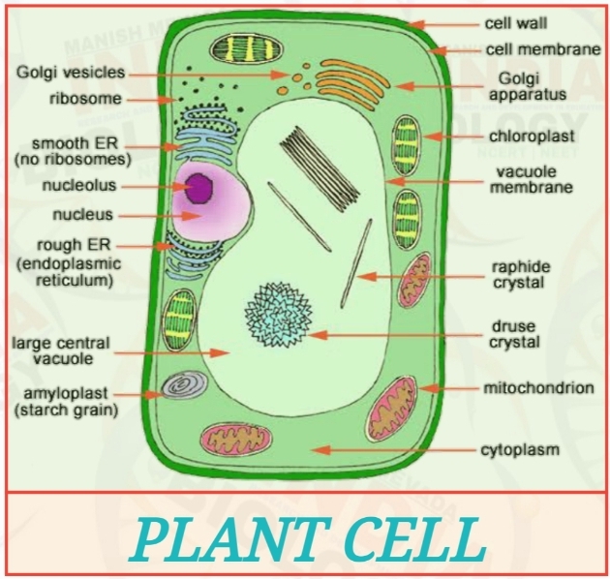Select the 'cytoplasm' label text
[x=521, y=450]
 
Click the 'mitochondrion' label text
[x=538, y=388]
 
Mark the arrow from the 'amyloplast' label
[x=150, y=394]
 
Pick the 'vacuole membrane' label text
[x=531, y=179]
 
